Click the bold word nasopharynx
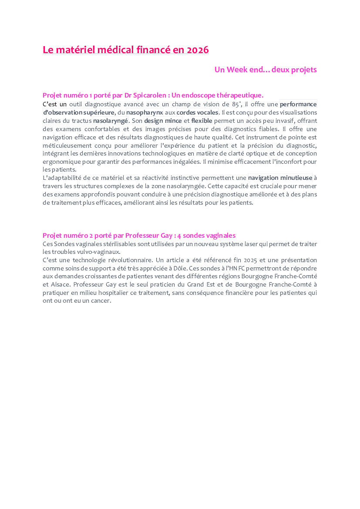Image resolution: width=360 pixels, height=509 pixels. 145,112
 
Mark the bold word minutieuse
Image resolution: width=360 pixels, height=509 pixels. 296,178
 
